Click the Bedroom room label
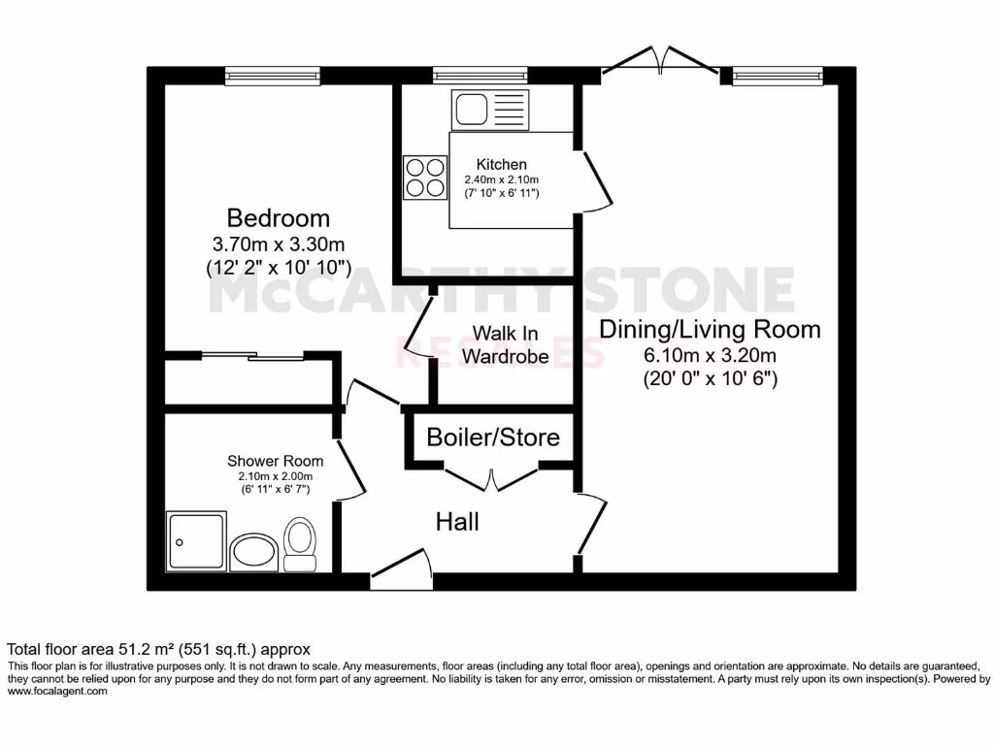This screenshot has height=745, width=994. coord(278,217)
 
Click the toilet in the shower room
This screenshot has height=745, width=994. coord(299,543)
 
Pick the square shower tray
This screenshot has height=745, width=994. coord(197,541)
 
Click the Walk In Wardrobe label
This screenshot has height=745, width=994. coord(505,344)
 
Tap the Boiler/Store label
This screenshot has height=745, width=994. coord(493,437)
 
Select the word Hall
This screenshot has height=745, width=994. coord(456,523)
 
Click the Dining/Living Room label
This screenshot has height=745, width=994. coord(710,329)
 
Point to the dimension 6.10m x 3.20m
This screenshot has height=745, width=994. coord(711,355)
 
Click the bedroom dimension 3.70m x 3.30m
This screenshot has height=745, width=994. coord(278,243)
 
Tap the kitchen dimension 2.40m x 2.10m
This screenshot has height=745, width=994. coord(502,179)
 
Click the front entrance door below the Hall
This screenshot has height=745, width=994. coord(399,572)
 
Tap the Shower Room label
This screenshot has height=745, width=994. coord(276,461)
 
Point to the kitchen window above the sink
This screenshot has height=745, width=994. coord(480,75)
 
